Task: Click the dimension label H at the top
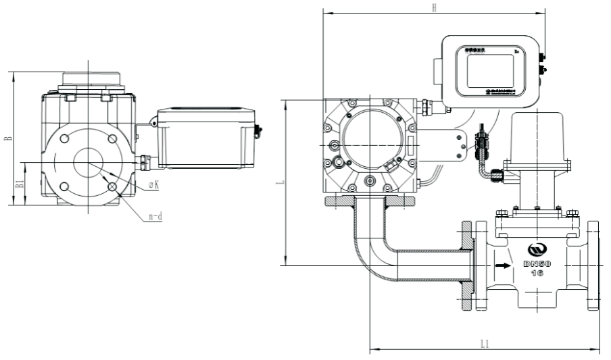coord(435,7)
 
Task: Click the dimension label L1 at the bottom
coord(484,344)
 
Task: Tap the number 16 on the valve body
coord(537,274)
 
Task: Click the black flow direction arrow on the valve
coord(502,265)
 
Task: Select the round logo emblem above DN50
coord(537,248)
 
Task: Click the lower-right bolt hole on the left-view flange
coord(112,187)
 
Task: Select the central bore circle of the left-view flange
coord(88,163)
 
